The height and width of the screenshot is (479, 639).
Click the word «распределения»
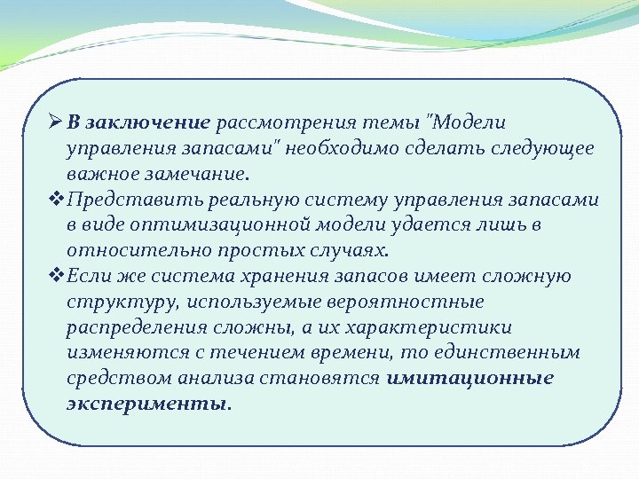coord(136,327)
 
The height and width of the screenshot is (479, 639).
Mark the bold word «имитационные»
coord(470,379)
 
